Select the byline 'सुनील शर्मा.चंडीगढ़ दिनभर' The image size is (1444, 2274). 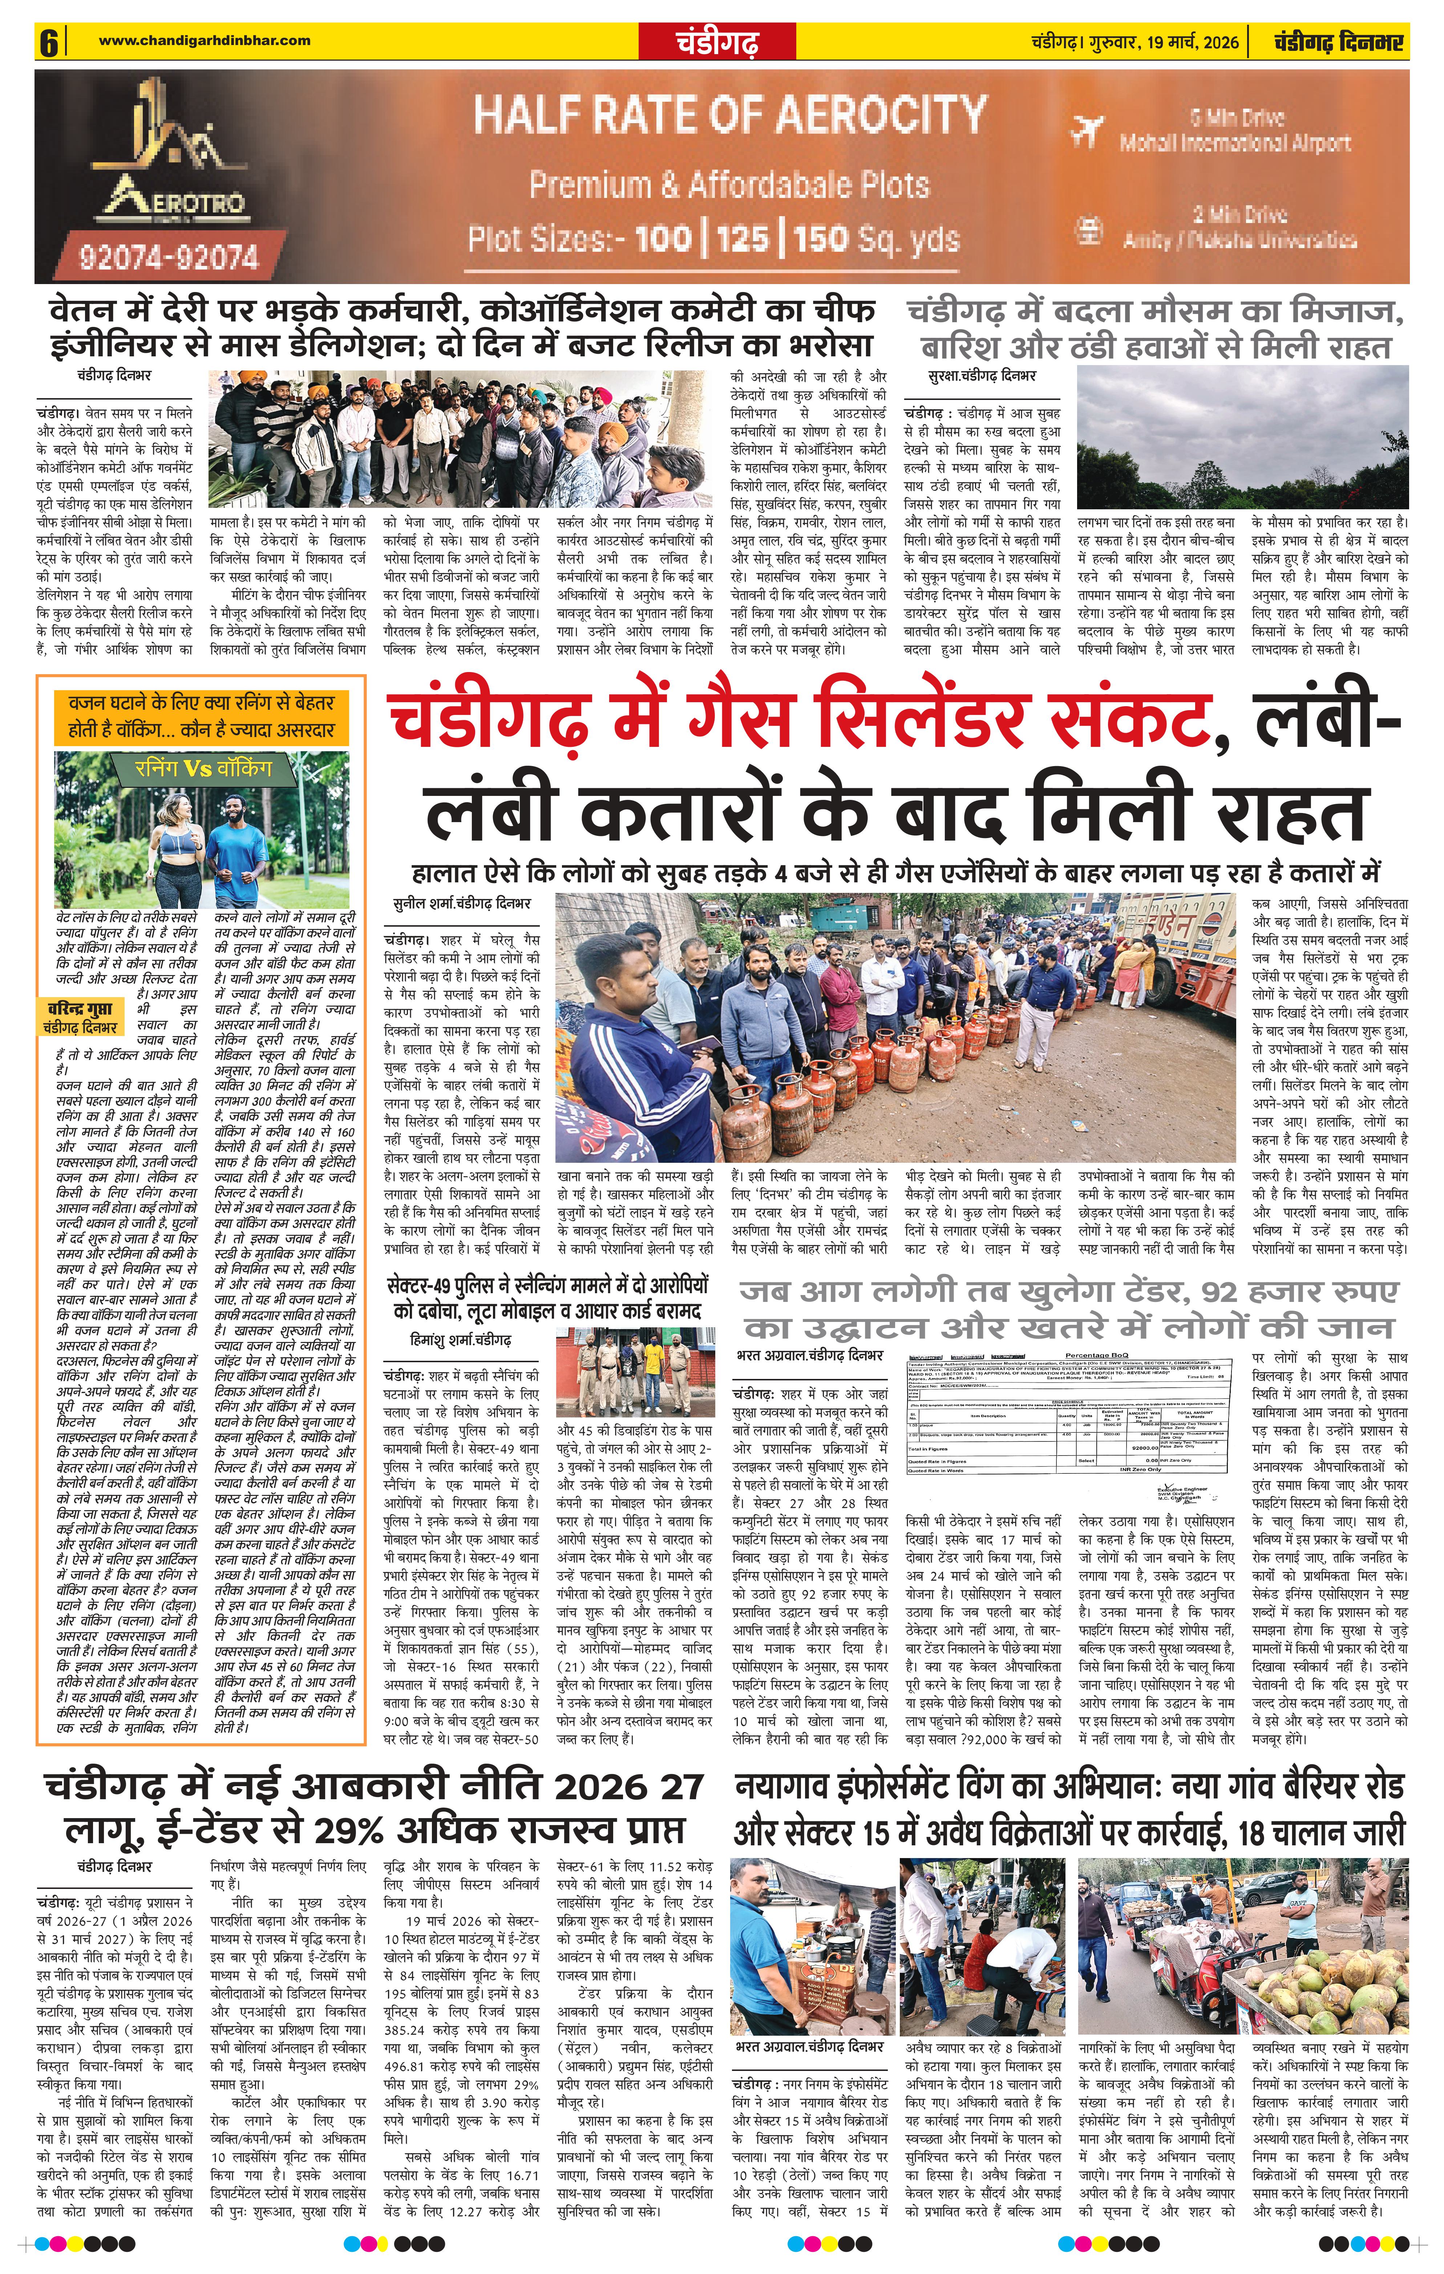[463, 903]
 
